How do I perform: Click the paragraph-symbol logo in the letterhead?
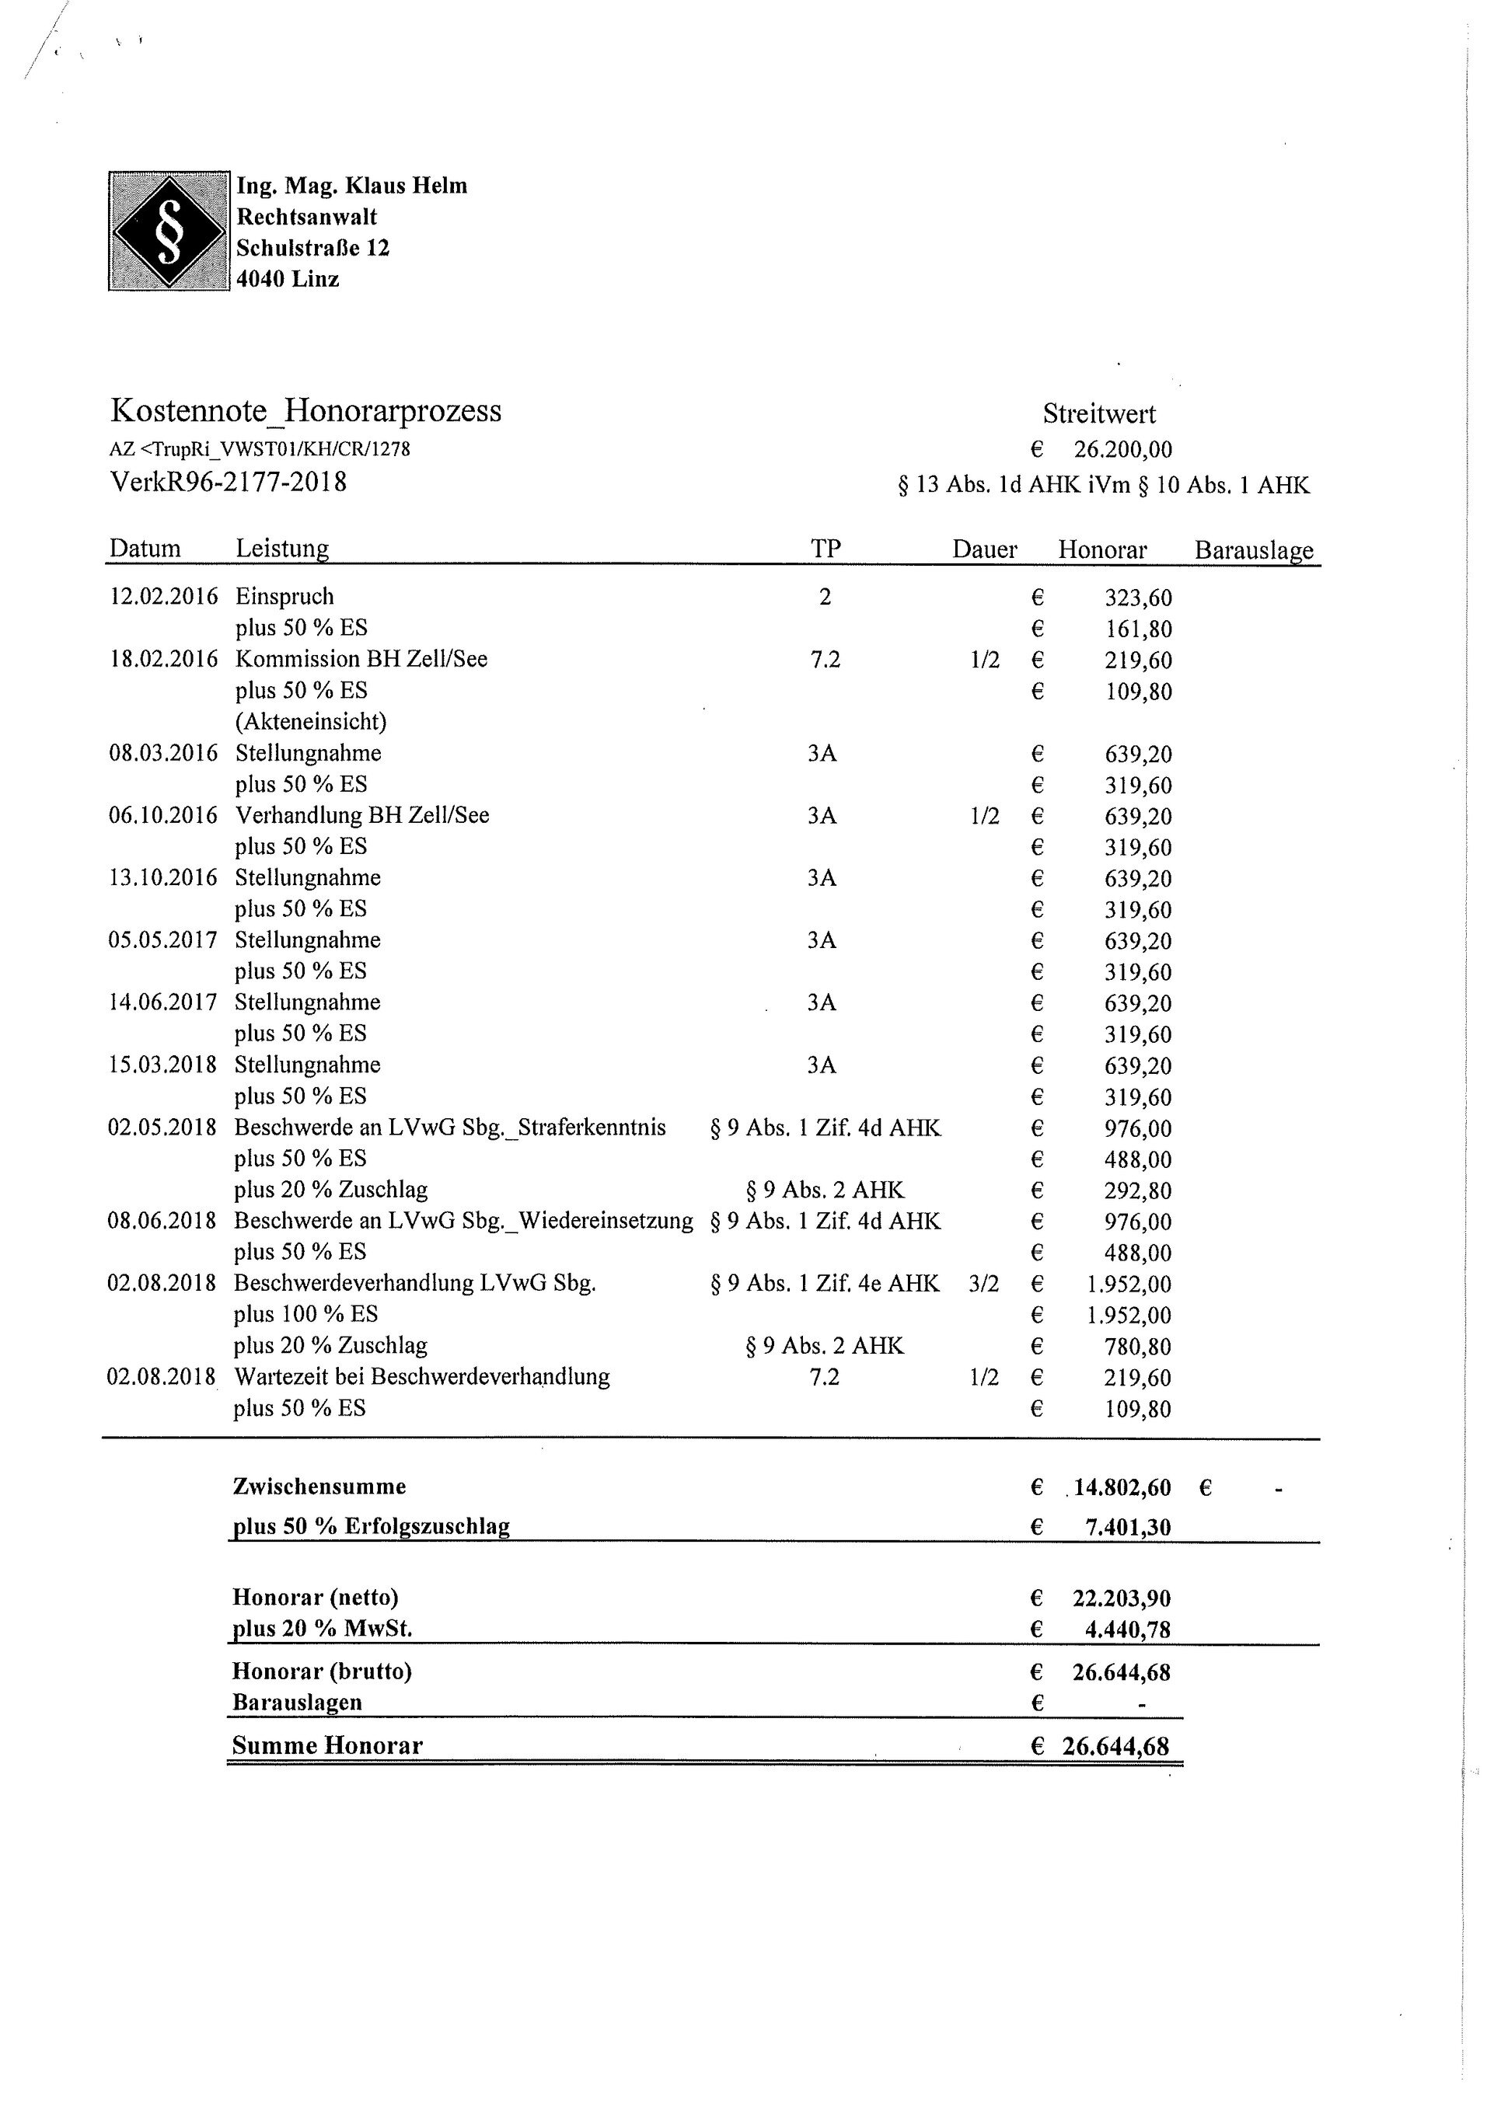(x=169, y=231)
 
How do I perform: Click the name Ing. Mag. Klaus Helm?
(x=351, y=186)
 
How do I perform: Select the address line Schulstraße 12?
(x=312, y=248)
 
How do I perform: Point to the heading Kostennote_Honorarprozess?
(x=305, y=410)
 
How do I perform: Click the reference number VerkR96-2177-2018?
(x=228, y=482)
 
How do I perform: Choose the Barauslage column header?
(x=1254, y=549)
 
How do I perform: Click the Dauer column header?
(x=984, y=549)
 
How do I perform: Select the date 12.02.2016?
(x=164, y=597)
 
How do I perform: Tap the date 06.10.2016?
(x=163, y=816)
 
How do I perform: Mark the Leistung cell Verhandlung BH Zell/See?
(x=361, y=816)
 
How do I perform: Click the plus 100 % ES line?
(x=305, y=1314)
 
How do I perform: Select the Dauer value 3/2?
(x=984, y=1284)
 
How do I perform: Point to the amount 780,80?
(x=1138, y=1347)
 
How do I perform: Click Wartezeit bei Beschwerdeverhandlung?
(x=421, y=1377)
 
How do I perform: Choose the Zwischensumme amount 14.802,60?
(x=1122, y=1487)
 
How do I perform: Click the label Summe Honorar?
(x=327, y=1745)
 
